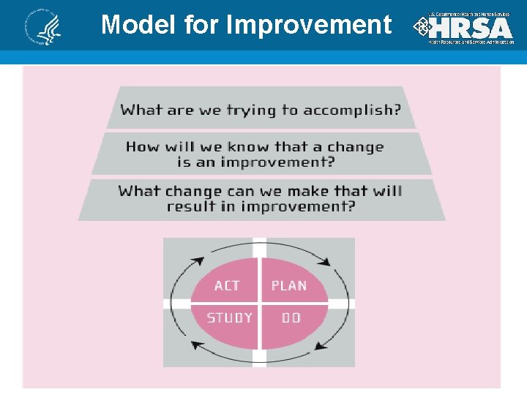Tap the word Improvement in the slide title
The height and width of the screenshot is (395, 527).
(309, 25)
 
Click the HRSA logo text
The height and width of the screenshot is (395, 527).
(471, 28)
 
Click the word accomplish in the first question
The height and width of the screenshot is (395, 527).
(351, 110)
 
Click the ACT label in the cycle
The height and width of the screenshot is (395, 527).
(227, 285)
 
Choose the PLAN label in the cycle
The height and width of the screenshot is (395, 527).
(289, 285)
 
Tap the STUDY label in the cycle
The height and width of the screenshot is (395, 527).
(229, 317)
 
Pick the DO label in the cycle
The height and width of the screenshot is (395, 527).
(291, 317)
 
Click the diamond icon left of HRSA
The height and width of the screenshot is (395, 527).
(421, 28)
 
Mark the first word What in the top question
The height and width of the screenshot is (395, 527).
(141, 110)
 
